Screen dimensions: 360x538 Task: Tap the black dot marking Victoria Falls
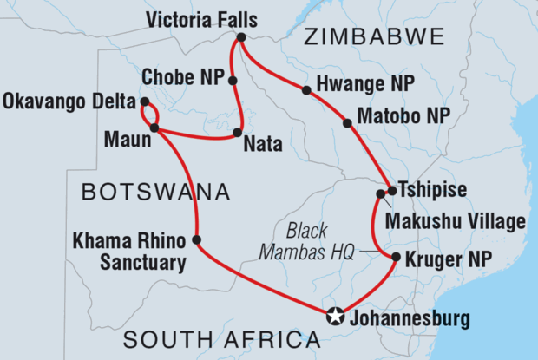(x=240, y=37)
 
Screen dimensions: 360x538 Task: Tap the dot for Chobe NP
(x=233, y=81)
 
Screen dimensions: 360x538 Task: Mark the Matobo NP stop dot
(x=348, y=123)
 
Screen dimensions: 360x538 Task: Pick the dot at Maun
(x=154, y=128)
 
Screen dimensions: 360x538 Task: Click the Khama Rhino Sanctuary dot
(x=197, y=239)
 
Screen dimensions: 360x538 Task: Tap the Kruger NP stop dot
(x=396, y=258)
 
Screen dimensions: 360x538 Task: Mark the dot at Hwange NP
(x=305, y=89)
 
